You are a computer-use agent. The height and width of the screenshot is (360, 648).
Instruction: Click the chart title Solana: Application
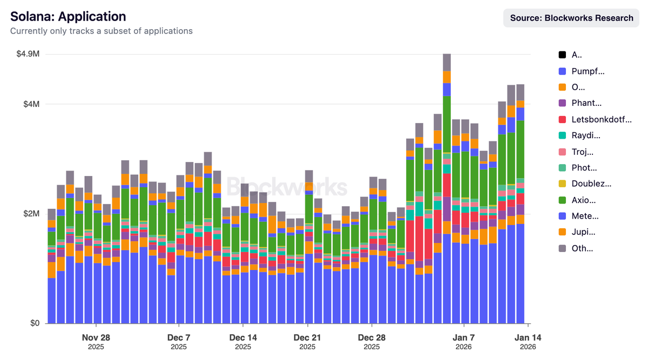coord(68,17)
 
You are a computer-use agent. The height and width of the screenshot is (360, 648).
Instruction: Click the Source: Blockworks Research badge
coord(571,18)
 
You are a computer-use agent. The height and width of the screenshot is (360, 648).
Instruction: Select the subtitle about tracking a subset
coord(102,31)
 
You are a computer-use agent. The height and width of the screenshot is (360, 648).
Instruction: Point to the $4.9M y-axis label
coord(28,54)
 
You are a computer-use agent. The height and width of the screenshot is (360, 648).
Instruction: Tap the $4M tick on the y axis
coord(31,104)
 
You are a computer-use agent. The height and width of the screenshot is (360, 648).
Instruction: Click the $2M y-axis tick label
coord(31,214)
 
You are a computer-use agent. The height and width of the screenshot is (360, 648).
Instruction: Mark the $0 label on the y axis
coord(35,323)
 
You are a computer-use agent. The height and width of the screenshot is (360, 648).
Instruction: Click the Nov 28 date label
coord(96,337)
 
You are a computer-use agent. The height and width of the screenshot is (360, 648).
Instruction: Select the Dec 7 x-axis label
coord(178,337)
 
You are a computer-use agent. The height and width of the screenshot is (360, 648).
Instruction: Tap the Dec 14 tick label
coord(243,337)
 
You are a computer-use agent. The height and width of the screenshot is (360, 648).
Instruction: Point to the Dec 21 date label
coord(307,337)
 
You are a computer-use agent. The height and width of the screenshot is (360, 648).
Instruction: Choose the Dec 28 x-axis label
coord(372,337)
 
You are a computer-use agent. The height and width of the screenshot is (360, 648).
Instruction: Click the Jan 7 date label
coord(463,337)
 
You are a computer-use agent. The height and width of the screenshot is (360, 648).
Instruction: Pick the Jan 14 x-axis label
coord(528,337)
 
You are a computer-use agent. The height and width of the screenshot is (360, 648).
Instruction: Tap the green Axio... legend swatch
coord(562,200)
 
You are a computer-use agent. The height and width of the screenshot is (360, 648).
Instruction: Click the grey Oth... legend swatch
coord(562,249)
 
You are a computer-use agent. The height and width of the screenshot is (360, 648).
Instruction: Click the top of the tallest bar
coord(447,55)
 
